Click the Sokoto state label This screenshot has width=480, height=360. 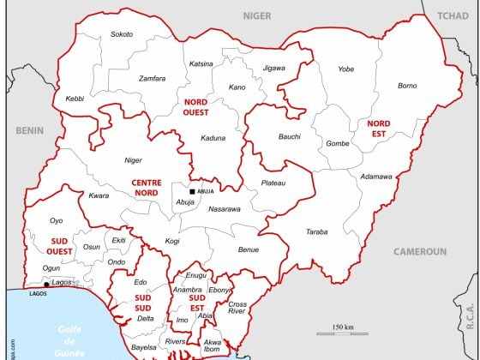pyautogui.click(x=122, y=34)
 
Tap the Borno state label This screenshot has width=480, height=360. pyautogui.click(x=407, y=86)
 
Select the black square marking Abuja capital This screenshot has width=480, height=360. pyautogui.click(x=193, y=191)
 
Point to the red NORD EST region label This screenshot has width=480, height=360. pyautogui.click(x=378, y=129)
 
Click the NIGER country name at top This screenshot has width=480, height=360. pyautogui.click(x=256, y=16)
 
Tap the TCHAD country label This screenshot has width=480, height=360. pyautogui.click(x=453, y=16)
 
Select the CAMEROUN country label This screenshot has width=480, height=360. pyautogui.click(x=420, y=252)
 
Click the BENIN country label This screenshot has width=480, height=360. pyautogui.click(x=29, y=130)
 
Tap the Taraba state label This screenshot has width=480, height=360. pyautogui.click(x=316, y=231)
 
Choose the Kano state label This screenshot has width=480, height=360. pyautogui.click(x=237, y=87)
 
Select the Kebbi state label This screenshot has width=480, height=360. pyautogui.click(x=75, y=99)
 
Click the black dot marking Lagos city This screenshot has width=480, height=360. pyautogui.click(x=46, y=284)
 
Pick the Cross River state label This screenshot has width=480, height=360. pyautogui.click(x=237, y=309)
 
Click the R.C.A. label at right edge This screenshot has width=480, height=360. pyautogui.click(x=471, y=319)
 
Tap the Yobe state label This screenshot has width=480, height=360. pyautogui.click(x=345, y=69)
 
